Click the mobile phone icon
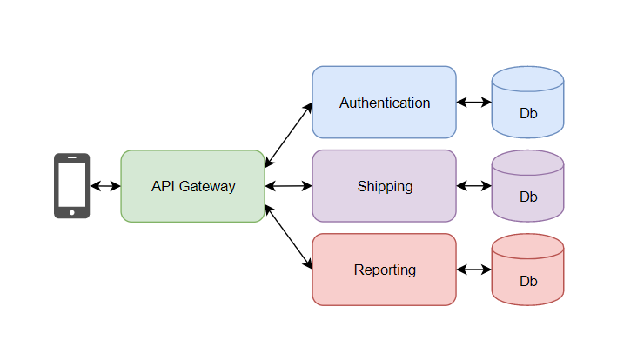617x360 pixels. pyautogui.click(x=71, y=185)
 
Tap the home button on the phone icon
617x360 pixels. pyautogui.click(x=71, y=211)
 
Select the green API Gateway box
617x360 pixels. pyautogui.click(x=192, y=186)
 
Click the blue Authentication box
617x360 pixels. pyautogui.click(x=384, y=103)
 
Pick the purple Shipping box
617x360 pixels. pyautogui.click(x=384, y=186)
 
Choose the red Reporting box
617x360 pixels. pyautogui.click(x=384, y=270)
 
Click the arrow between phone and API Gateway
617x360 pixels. pyautogui.click(x=105, y=186)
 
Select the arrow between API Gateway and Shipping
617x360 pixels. pyautogui.click(x=288, y=186)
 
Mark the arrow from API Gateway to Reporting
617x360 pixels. pyautogui.click(x=288, y=237)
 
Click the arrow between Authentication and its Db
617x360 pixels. pyautogui.click(x=473, y=103)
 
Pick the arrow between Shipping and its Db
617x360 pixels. pyautogui.click(x=473, y=186)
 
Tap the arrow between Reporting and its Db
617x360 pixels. pyautogui.click(x=473, y=270)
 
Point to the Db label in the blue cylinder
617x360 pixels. pyautogui.click(x=528, y=114)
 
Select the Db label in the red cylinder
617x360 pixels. pyautogui.click(x=528, y=282)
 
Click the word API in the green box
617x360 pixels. pyautogui.click(x=163, y=187)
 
